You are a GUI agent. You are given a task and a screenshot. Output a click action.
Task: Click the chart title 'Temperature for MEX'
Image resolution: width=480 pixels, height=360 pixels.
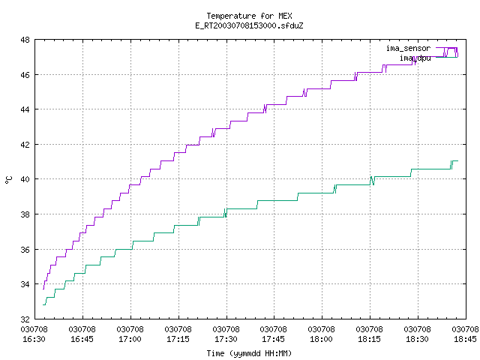(x=249, y=16)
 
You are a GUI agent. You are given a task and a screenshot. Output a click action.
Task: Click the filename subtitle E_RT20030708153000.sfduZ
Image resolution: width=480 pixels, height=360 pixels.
(x=249, y=25)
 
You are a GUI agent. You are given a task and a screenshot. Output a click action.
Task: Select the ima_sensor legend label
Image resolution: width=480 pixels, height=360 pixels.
(x=408, y=48)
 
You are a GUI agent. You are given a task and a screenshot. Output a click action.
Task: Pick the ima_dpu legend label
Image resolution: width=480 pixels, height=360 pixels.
(x=415, y=58)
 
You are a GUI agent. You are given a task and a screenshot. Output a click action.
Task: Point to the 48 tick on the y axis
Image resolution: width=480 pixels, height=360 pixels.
(x=25, y=40)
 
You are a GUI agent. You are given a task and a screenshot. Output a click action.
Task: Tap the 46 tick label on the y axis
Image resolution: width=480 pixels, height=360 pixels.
(x=25, y=75)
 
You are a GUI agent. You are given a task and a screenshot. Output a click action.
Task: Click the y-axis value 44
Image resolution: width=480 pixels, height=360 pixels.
(x=25, y=109)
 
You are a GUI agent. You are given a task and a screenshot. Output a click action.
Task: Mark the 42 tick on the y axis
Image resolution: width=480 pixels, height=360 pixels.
(x=25, y=145)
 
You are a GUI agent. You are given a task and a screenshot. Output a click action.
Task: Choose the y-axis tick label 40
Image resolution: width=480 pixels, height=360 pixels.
(x=25, y=179)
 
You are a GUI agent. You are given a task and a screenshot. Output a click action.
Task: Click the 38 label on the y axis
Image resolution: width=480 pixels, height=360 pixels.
(x=25, y=214)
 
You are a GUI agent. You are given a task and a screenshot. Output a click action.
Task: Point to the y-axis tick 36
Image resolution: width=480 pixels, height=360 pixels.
(x=25, y=250)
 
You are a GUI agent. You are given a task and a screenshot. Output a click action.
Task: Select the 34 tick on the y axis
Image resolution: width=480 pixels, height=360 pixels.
(x=25, y=284)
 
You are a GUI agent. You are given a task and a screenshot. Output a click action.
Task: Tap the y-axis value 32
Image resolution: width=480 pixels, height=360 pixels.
(x=25, y=319)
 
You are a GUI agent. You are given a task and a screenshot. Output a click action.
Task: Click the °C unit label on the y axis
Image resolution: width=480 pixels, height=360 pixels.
(x=9, y=180)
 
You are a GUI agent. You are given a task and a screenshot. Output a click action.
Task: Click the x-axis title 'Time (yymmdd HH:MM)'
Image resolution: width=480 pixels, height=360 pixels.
(x=249, y=353)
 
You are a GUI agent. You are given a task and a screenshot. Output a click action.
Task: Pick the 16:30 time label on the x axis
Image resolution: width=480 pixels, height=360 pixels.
(x=34, y=339)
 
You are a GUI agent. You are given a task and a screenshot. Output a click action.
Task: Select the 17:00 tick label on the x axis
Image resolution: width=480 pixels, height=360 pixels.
(x=130, y=339)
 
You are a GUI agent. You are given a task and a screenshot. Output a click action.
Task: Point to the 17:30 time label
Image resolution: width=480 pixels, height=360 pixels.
(x=226, y=339)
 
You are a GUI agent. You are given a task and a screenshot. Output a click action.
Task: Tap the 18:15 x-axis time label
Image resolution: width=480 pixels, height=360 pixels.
(x=369, y=339)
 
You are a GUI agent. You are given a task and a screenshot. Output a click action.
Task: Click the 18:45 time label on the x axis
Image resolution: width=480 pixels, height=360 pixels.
(x=465, y=339)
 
